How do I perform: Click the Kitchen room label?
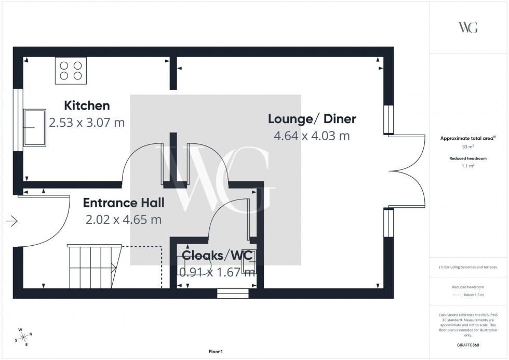coord(87,106)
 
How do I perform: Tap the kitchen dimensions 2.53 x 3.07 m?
coord(87,123)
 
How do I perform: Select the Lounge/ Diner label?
coord(312,119)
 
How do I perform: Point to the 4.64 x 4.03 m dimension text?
coord(312,136)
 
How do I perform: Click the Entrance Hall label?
coord(124,203)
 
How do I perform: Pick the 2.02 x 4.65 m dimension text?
coord(124,220)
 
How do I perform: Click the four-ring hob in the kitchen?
coord(71,71)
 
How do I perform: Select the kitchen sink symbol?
coord(34,127)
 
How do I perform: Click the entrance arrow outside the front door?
coord(12,222)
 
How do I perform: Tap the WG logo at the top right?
coord(468,28)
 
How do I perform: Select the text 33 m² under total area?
coord(468,148)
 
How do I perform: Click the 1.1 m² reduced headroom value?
coord(468,166)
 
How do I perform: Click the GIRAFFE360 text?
coord(468,344)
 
